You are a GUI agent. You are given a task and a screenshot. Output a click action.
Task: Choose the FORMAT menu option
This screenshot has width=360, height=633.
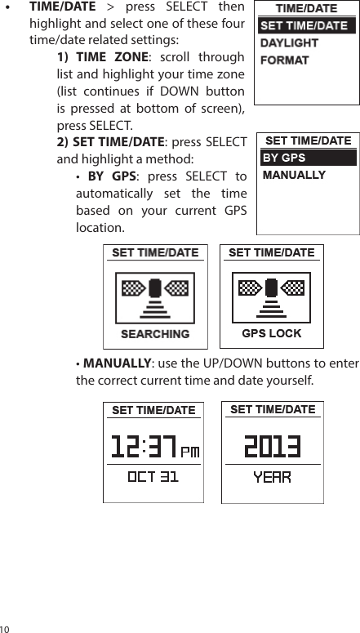pyautogui.click(x=284, y=60)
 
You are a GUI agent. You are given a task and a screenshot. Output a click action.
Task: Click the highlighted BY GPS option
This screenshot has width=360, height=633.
pyautogui.click(x=284, y=158)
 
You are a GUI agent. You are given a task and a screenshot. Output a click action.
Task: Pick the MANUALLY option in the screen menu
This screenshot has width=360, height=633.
pyautogui.click(x=294, y=175)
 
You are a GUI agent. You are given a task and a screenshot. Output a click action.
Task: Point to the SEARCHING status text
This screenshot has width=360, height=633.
pyautogui.click(x=155, y=333)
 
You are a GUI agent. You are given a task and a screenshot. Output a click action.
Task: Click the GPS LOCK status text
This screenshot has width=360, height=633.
pyautogui.click(x=272, y=333)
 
